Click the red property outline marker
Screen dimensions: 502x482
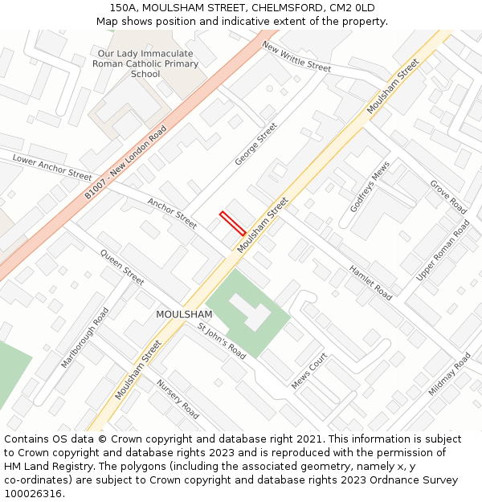tap(233, 223)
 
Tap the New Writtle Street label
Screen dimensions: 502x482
tap(296, 56)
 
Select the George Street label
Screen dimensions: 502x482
tap(255, 145)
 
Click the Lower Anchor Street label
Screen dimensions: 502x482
tap(52, 168)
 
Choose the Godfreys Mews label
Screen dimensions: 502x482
tap(370, 186)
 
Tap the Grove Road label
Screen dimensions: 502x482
tap(448, 197)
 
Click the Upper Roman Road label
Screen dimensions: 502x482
tap(443, 250)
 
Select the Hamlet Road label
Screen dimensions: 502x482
tap(370, 283)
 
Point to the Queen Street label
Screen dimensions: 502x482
tap(122, 267)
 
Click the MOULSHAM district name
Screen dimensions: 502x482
tap(184, 314)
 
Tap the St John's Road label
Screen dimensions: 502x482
tap(222, 340)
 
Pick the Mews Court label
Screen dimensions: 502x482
tap(309, 371)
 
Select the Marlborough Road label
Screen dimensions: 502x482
tap(84, 337)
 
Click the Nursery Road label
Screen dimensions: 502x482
tap(178, 399)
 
